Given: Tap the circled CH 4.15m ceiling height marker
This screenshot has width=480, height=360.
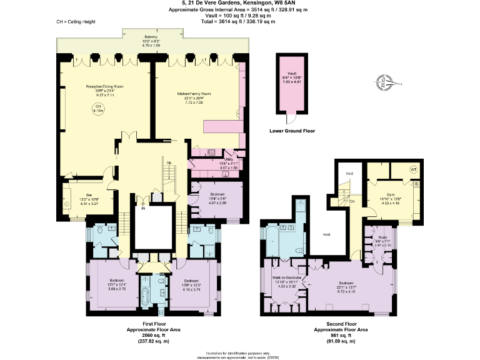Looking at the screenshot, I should coord(97,109).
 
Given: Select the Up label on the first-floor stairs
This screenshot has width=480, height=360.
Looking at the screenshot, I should coord(168,164).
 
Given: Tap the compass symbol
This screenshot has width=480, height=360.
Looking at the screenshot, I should coord(382,79).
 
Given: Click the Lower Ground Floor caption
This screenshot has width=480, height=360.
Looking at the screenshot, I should coord(292,131).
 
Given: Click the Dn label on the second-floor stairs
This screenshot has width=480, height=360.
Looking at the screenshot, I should coord(352,201).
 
